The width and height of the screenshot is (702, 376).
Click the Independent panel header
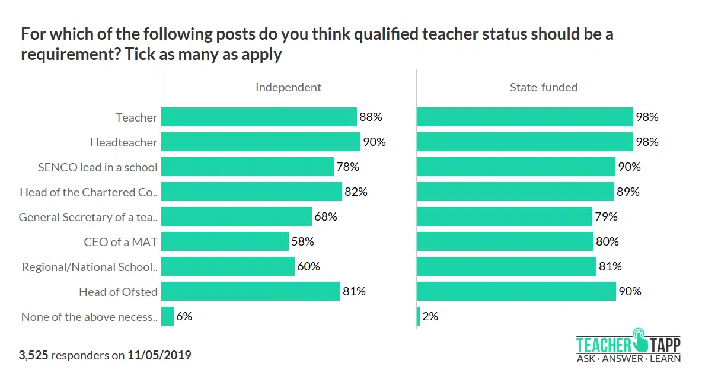coord(288,87)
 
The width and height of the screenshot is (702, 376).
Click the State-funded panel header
coord(543,87)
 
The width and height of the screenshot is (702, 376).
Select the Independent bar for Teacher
coord(259,117)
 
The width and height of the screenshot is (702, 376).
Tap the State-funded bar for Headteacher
coord(525,142)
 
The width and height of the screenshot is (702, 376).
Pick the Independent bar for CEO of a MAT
coord(225,242)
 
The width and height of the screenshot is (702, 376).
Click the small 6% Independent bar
coord(167,317)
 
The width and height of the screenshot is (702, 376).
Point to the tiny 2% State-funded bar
coord(419,317)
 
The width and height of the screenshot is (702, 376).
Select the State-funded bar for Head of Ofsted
coord(516,292)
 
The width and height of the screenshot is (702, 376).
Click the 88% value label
coord(371,117)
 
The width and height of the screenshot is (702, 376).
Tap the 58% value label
coord(302,242)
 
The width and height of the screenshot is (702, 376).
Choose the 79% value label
coord(606,217)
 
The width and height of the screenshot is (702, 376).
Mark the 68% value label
coord(326,217)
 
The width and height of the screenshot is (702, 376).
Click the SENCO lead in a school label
coord(98,167)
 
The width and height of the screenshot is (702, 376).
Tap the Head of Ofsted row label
coord(118,292)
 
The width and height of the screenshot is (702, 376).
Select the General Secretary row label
coord(88,217)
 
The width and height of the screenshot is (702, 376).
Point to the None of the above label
coord(89,317)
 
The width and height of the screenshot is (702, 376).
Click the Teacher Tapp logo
coord(628,345)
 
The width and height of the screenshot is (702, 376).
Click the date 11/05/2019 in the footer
coord(159,356)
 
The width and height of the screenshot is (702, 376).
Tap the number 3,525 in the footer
coord(33,356)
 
